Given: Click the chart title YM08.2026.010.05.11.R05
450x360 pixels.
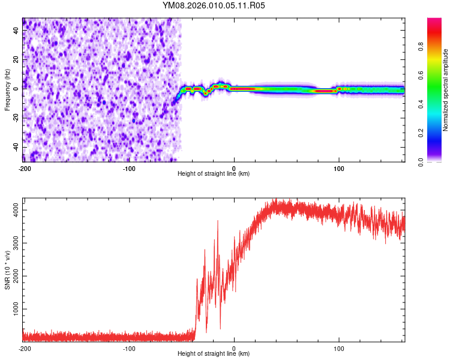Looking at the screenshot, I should click(x=214, y=5).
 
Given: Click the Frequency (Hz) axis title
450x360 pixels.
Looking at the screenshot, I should click(x=7, y=90).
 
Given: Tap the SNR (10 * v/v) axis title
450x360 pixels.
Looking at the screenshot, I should click(x=7, y=268).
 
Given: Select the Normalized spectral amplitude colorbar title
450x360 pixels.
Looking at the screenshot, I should click(x=446, y=90).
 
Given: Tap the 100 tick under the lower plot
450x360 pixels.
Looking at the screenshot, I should click(x=339, y=349).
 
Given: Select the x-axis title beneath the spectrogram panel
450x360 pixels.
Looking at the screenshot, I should click(x=214, y=174).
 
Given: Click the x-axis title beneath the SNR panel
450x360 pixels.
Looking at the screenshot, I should click(x=214, y=354).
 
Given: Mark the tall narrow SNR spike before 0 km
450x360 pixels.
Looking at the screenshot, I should click(x=218, y=221).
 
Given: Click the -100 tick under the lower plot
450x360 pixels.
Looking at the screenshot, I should click(x=129, y=349).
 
